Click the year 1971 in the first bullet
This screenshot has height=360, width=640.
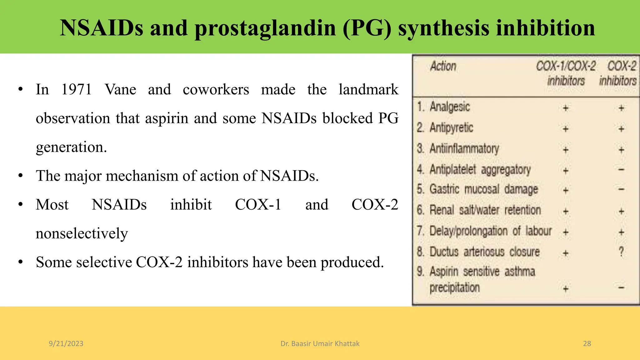[x=77, y=90]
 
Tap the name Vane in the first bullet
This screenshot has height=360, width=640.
[x=120, y=90]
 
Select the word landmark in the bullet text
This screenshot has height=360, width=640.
[x=368, y=90]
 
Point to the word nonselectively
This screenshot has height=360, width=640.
[x=82, y=233]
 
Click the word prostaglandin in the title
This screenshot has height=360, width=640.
[x=265, y=28]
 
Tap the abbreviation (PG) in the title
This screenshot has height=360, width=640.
[x=367, y=28]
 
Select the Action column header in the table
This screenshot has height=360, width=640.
[x=443, y=66]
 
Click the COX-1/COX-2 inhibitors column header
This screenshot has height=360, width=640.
[x=566, y=73]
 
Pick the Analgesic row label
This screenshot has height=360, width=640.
[x=450, y=107]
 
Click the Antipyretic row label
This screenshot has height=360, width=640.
[x=451, y=128]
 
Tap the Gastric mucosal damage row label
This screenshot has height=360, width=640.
[x=483, y=189]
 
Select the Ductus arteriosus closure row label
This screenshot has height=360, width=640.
[x=484, y=252]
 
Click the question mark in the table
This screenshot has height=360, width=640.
[x=621, y=252]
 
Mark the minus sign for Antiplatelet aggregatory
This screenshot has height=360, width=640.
[x=621, y=170]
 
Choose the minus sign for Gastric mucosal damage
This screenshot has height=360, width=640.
[x=621, y=189]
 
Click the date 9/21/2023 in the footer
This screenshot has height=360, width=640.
[x=66, y=344]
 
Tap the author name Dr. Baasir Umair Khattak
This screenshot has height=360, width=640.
[x=320, y=344]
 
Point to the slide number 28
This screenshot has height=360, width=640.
[x=587, y=344]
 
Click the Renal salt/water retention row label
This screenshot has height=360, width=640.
[x=485, y=210]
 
